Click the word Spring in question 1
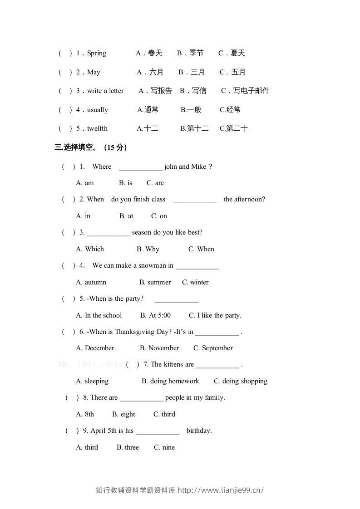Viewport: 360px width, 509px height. click(97, 54)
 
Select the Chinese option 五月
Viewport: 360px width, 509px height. click(233, 72)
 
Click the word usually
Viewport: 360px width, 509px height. click(98, 110)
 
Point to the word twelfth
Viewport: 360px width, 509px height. click(97, 128)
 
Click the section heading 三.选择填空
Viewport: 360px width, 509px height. click(75, 147)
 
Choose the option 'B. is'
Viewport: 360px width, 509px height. click(126, 183)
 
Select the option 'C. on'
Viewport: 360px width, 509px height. click(159, 216)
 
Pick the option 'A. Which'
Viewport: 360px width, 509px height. click(90, 249)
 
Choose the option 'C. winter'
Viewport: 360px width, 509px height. click(195, 282)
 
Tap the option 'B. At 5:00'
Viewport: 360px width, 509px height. click(156, 315)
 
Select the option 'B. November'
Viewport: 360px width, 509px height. click(159, 348)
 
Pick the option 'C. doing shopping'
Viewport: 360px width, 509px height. click(241, 381)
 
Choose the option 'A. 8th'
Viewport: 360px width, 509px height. click(85, 414)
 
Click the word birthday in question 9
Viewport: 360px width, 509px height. click(199, 431)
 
